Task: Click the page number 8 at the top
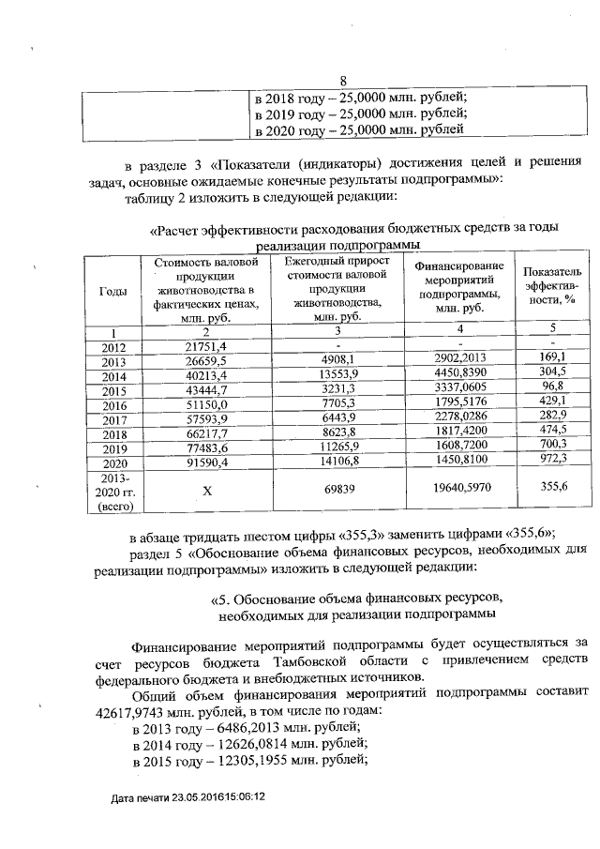[343, 81]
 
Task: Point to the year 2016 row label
[112, 404]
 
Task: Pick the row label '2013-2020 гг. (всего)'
[112, 492]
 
